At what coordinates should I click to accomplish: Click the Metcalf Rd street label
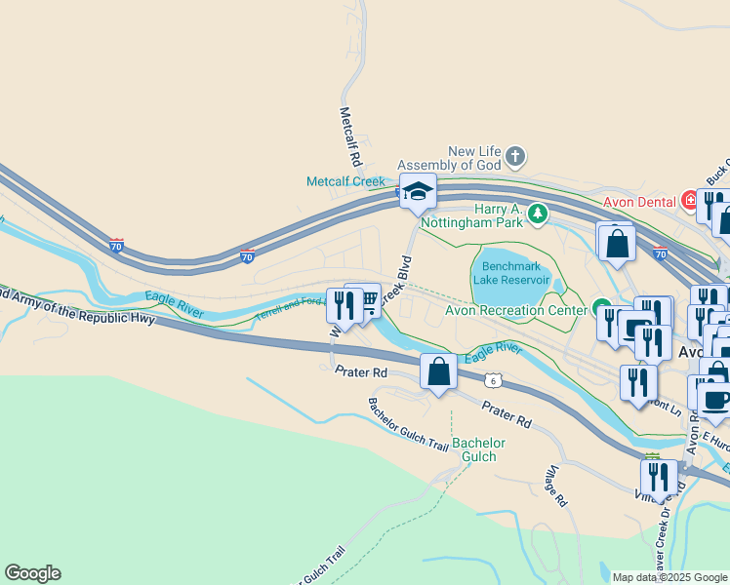click(x=351, y=136)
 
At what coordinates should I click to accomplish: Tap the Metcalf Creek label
click(x=346, y=181)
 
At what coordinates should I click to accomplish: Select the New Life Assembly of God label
click(x=474, y=158)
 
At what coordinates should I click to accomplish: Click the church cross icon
click(x=516, y=156)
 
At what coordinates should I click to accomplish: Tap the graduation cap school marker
click(x=417, y=192)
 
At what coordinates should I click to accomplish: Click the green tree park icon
click(x=536, y=214)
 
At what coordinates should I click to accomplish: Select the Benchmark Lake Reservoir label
click(x=510, y=272)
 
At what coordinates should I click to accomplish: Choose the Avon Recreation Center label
click(x=515, y=311)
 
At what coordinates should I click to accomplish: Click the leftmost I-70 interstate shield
click(x=117, y=247)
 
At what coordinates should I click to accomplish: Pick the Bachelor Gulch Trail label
click(x=409, y=425)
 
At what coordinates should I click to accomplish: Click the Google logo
click(x=32, y=573)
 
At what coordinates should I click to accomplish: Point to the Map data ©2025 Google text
click(x=670, y=577)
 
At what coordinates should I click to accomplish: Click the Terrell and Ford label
click(x=289, y=309)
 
